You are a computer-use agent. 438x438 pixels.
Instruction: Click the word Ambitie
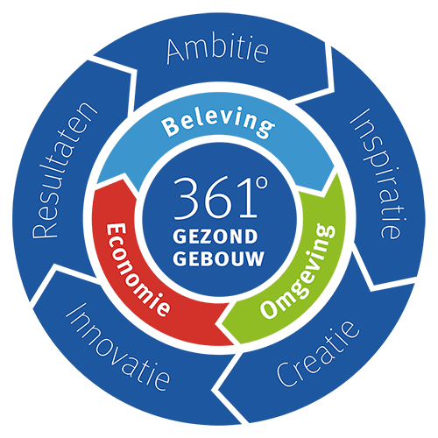point(217,52)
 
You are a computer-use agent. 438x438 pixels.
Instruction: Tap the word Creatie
point(318,354)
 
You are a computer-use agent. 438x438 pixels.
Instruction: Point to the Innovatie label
point(117,346)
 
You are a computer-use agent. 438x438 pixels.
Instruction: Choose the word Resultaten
point(64,170)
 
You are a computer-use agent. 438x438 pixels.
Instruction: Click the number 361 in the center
point(215,199)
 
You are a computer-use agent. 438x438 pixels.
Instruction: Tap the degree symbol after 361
point(261,183)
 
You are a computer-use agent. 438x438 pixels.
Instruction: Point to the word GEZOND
point(215,237)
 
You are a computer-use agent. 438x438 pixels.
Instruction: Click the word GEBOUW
point(218,258)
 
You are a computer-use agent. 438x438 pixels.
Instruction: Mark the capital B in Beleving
point(170,127)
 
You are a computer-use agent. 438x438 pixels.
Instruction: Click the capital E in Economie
point(116,230)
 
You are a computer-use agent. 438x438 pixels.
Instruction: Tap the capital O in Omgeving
point(269,309)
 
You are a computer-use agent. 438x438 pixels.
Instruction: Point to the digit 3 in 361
point(186,199)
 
